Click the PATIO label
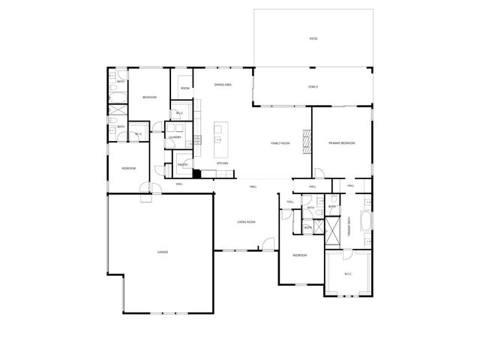[313, 38]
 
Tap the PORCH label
[313, 87]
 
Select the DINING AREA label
[223, 85]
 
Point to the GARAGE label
[163, 252]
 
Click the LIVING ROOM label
[247, 222]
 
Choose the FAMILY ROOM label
[280, 143]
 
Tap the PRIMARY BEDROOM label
[341, 143]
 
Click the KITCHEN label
[223, 163]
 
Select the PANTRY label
[182, 164]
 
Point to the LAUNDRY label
[175, 137]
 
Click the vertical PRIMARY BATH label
[349, 229]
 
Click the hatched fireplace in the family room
[305, 139]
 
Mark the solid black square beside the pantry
[196, 174]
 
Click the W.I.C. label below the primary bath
[348, 274]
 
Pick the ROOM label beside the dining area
[184, 88]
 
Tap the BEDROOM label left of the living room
[129, 168]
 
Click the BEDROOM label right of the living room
[299, 256]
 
